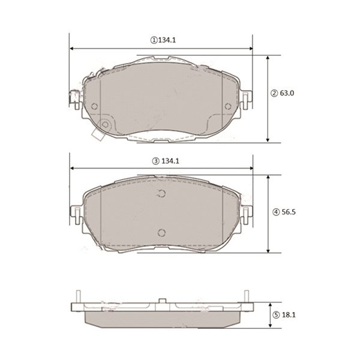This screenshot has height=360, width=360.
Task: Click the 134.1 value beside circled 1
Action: tap(167, 40)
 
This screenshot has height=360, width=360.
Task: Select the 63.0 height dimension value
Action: tap(287, 93)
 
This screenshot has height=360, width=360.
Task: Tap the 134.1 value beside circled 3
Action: tap(170, 161)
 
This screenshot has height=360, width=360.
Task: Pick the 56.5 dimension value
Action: tap(289, 212)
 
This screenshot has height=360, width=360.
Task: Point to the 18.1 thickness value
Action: tap(289, 315)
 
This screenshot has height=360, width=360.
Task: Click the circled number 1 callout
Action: tap(154, 41)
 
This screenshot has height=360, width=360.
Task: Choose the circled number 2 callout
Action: tap(274, 94)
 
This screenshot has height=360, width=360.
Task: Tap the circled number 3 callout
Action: tap(155, 161)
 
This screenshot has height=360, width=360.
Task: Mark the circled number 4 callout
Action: tap(276, 212)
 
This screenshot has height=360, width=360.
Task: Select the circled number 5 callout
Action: tap(276, 315)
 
